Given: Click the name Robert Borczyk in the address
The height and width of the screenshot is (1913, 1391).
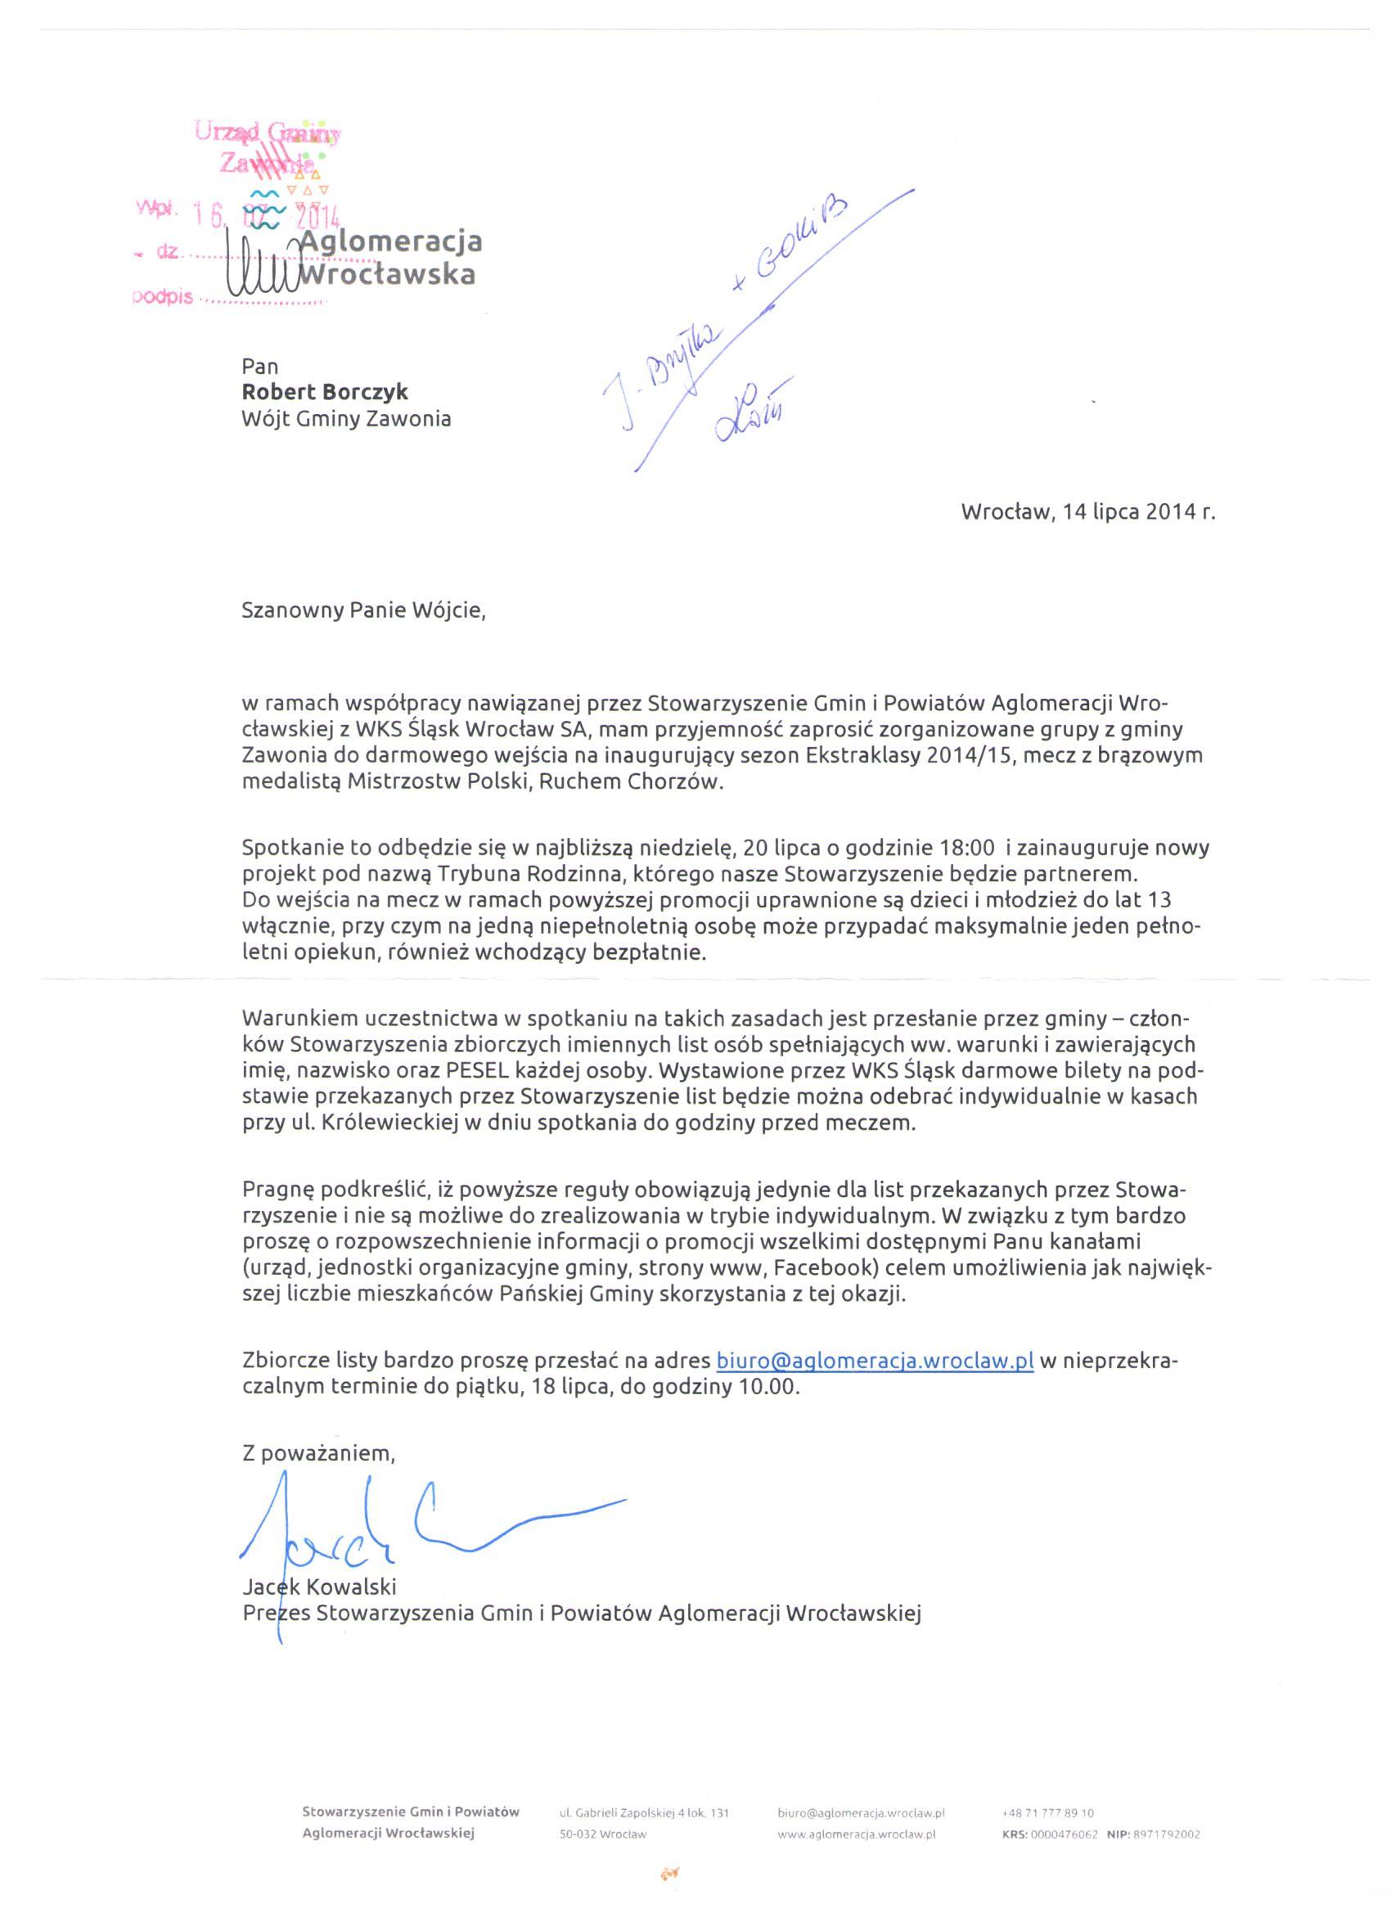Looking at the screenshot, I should [x=325, y=392].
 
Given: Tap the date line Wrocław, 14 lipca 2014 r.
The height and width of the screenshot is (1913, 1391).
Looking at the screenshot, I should [x=1088, y=512].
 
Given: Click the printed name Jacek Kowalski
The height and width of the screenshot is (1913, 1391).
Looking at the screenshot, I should [x=319, y=1587].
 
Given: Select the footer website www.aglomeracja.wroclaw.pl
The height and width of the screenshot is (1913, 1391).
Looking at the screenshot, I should [x=856, y=1834].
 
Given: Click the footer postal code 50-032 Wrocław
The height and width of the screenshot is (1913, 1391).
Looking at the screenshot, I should [x=602, y=1834].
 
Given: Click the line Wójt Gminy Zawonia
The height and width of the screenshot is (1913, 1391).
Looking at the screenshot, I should [x=346, y=418].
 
